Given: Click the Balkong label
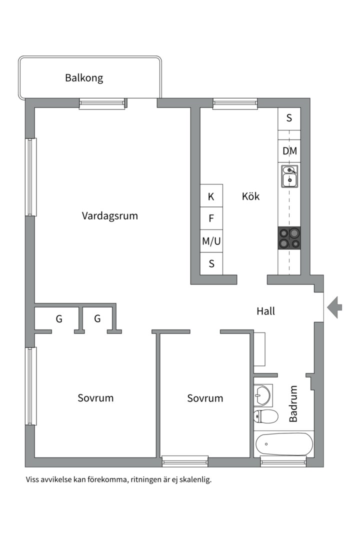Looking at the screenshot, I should [x=84, y=78].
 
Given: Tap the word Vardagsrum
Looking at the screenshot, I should [x=109, y=216].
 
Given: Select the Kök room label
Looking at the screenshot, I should [x=250, y=196].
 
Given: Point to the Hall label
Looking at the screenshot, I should [x=265, y=311].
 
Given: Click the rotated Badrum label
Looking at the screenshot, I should [x=293, y=403].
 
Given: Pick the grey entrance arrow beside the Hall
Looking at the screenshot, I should [x=334, y=307].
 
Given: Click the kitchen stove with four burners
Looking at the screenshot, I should [x=289, y=237].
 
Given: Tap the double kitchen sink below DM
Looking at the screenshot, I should [x=289, y=176].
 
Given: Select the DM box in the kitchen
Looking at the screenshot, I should [x=289, y=151].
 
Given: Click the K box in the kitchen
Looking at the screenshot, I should [x=211, y=196].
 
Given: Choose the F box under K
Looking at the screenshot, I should [x=211, y=218].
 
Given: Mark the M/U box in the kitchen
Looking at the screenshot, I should [x=211, y=241].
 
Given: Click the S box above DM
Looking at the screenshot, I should [x=289, y=118].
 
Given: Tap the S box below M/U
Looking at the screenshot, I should [x=211, y=263].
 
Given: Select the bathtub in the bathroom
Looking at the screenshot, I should [x=283, y=444].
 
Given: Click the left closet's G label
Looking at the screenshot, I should [x=59, y=318].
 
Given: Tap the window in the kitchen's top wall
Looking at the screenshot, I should [x=235, y=103].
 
